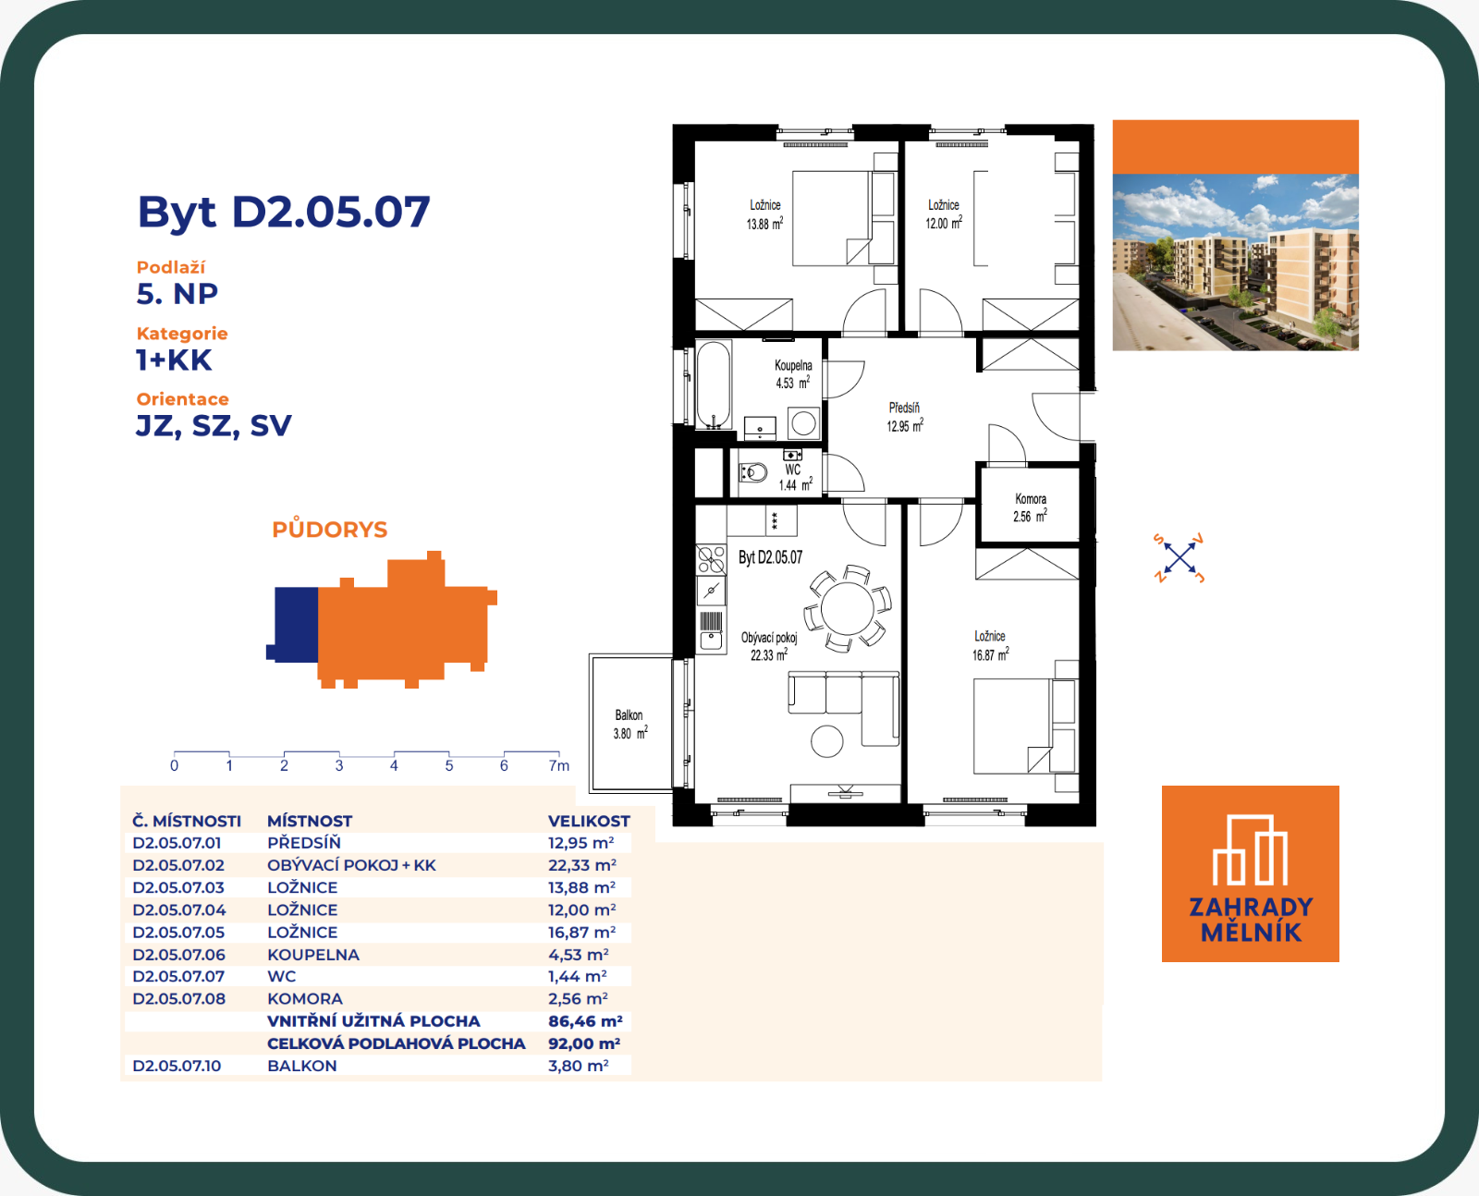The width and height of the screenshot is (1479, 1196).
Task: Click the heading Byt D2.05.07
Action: (283, 212)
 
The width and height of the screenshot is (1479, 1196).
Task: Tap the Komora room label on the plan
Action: (1031, 499)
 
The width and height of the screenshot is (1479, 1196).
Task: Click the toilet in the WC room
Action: (753, 473)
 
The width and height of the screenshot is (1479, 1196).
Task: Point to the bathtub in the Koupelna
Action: (714, 384)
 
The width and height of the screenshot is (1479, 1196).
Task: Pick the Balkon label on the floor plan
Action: (629, 715)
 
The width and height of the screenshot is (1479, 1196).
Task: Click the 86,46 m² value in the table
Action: (585, 1021)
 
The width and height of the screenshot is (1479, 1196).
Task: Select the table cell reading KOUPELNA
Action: (313, 955)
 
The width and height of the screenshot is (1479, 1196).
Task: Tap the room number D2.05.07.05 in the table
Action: (179, 933)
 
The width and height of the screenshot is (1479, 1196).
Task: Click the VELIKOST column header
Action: (589, 821)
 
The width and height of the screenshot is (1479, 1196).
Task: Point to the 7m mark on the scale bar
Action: (559, 765)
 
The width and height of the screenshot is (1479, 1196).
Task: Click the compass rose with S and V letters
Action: (1179, 558)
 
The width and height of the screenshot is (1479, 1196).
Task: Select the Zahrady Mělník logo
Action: (1250, 874)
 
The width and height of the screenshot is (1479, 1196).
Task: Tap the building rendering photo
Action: (1235, 262)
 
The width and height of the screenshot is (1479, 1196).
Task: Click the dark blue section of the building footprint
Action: (294, 624)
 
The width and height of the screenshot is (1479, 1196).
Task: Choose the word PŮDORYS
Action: (330, 529)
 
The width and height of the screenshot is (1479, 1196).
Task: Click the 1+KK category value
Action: (174, 360)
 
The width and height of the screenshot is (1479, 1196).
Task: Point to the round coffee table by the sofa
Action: (827, 740)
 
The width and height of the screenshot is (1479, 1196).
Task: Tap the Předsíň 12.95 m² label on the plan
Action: (905, 417)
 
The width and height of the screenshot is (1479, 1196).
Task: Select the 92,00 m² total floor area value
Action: (584, 1043)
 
